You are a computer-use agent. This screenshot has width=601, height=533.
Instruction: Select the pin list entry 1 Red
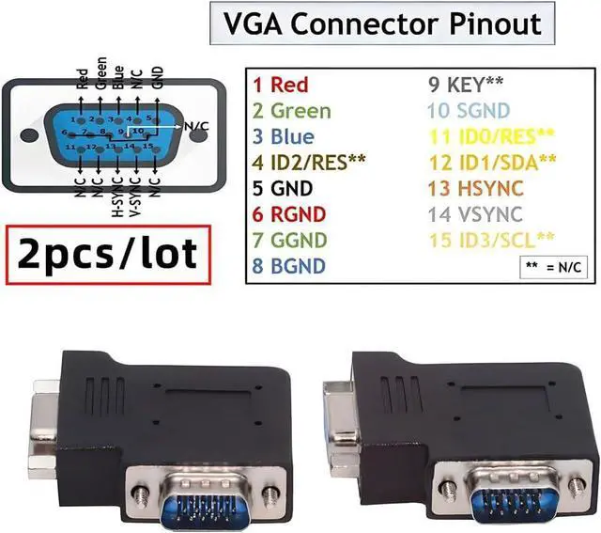coord(280,86)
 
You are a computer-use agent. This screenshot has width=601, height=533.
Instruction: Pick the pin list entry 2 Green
coord(291,111)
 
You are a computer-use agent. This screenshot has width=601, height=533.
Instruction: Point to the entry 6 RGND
coord(286,214)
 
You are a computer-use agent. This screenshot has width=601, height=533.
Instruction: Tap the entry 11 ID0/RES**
coord(478,137)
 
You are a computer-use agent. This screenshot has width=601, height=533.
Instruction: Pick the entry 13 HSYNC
coord(470,189)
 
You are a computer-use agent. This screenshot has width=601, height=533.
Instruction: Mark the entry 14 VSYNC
coord(470,214)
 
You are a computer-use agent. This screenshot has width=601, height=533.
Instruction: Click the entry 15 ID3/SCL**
coord(478,240)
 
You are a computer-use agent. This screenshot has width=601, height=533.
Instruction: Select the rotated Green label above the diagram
coord(100,71)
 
